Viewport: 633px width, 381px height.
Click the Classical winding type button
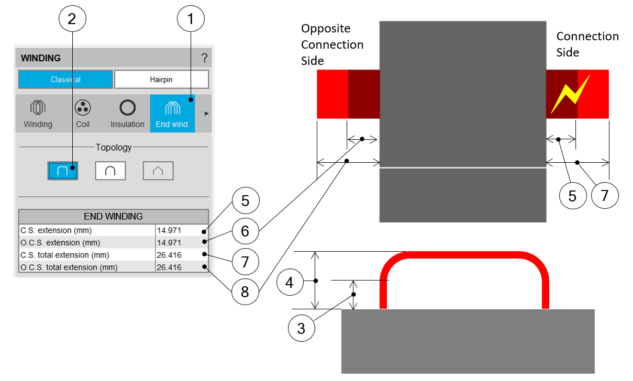click(65, 80)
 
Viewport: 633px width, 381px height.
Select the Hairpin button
click(161, 80)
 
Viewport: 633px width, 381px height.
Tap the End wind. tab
click(172, 113)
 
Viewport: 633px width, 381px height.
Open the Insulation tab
click(127, 113)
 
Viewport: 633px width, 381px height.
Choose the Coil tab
click(82, 113)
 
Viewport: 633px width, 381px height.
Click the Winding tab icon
click(38, 108)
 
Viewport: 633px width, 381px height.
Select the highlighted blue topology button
click(63, 171)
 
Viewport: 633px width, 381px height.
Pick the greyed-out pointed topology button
click(158, 171)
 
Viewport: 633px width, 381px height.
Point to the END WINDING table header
click(113, 216)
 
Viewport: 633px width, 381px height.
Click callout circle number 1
click(191, 19)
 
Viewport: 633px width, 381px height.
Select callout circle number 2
click(72, 19)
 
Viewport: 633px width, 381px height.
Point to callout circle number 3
click(301, 328)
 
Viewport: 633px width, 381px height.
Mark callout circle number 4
click(290, 283)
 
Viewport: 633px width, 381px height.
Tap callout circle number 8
click(245, 291)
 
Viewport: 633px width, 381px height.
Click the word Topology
click(114, 147)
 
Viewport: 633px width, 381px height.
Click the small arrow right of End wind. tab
click(206, 113)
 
